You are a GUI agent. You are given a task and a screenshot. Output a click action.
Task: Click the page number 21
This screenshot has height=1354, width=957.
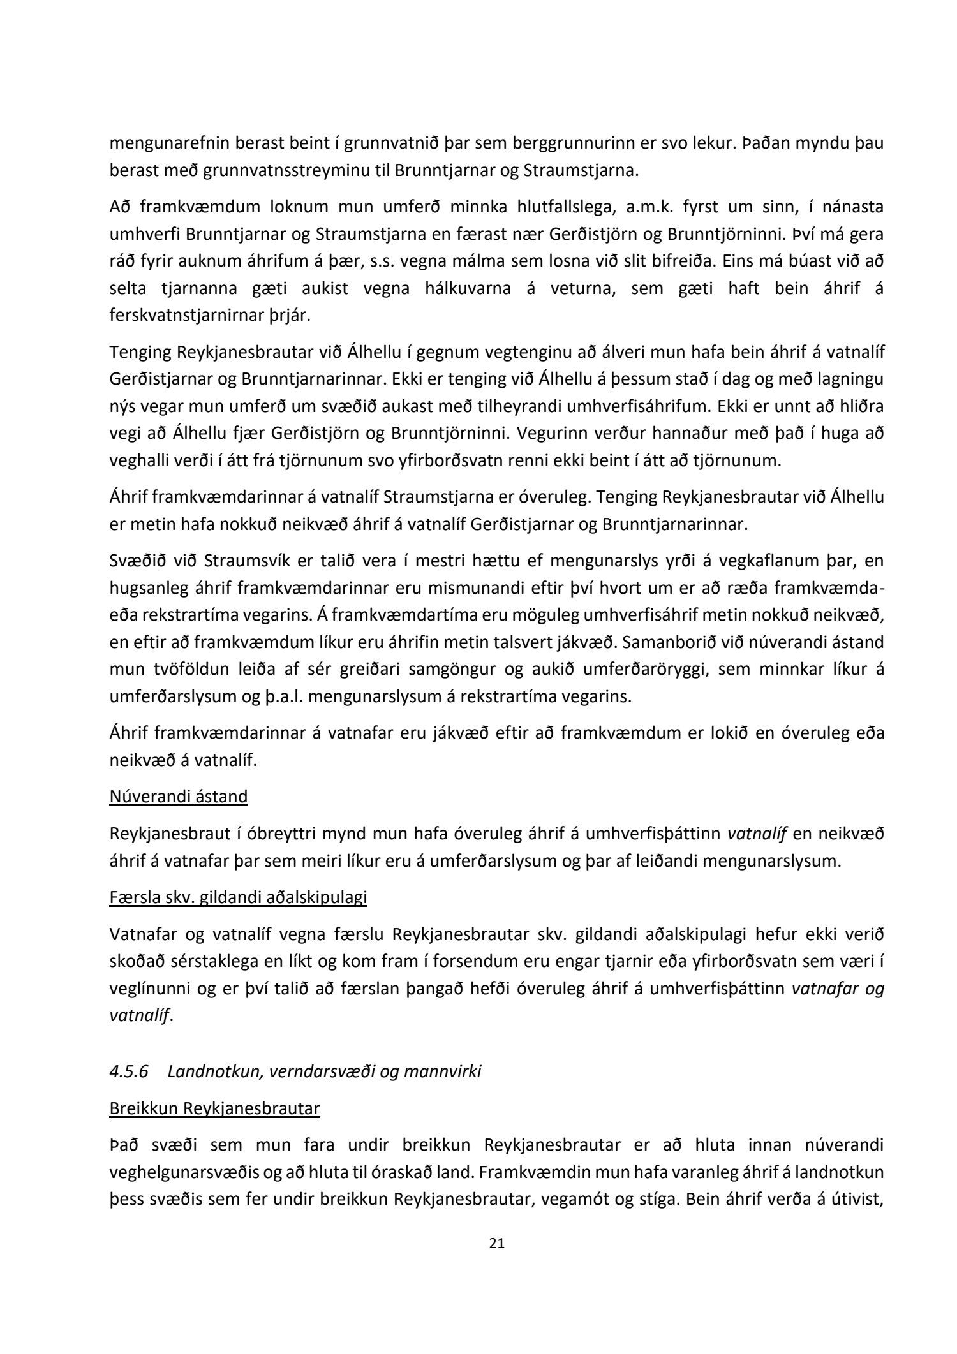(496, 1242)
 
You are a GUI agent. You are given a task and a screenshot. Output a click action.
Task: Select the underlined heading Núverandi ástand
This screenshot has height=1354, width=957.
(179, 797)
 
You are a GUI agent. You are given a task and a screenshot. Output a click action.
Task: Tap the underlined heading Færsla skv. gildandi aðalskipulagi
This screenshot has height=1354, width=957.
(238, 897)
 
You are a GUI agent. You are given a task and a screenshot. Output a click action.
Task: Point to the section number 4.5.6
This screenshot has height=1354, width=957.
(129, 1071)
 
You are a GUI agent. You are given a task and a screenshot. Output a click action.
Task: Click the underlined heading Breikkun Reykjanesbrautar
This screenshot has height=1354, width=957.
(214, 1108)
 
